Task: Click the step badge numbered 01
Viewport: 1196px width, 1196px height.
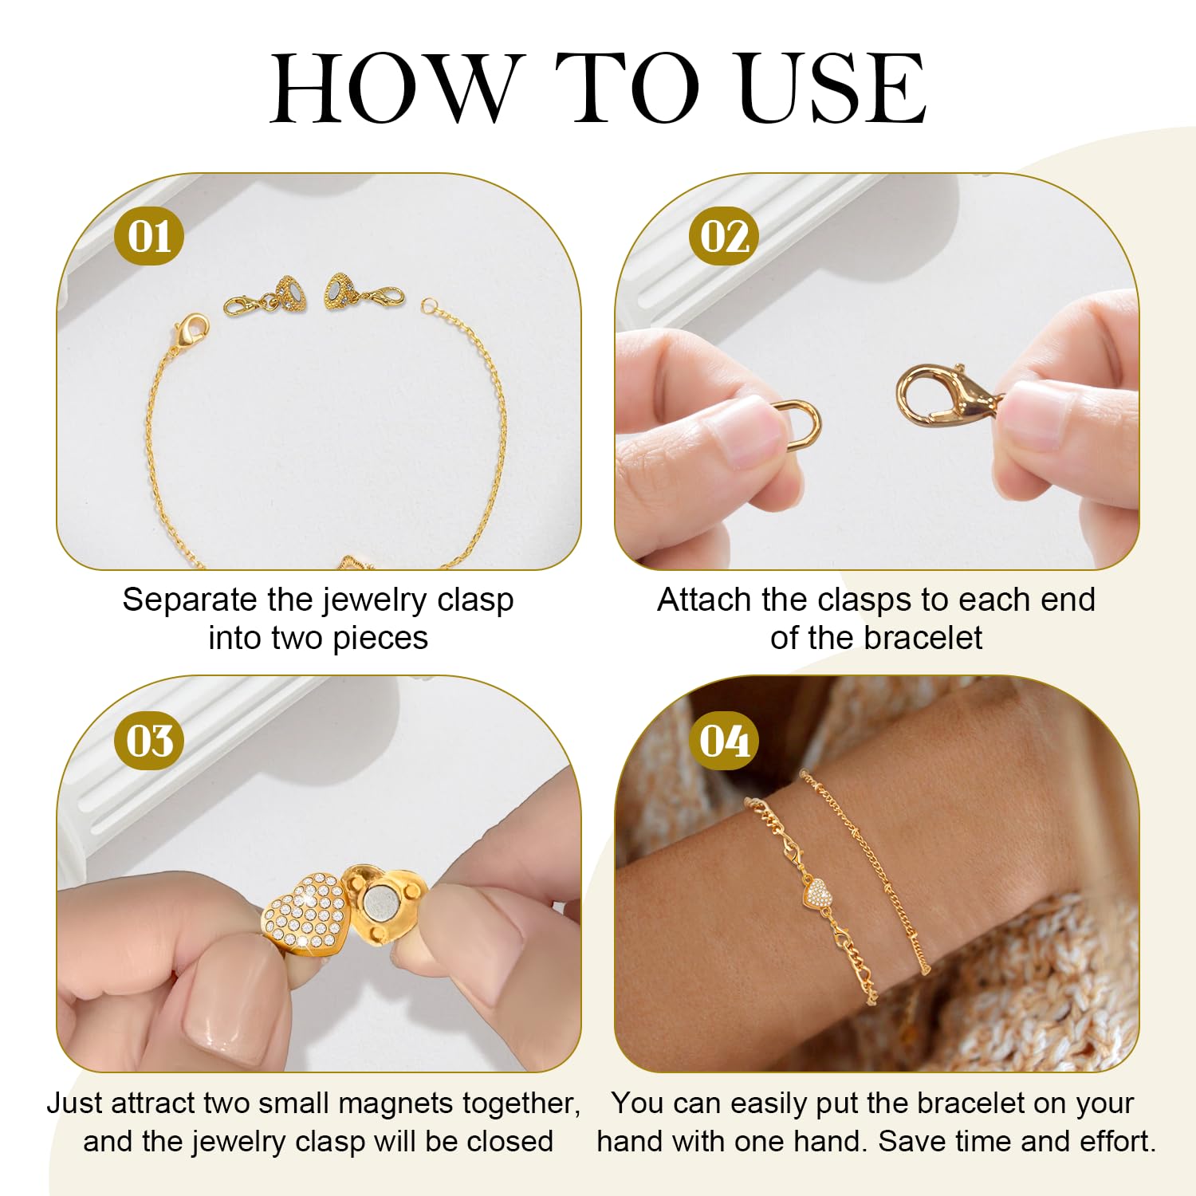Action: [x=149, y=236]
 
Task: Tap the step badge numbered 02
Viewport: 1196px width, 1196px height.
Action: [x=724, y=236]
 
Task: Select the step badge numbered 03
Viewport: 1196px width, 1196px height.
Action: [x=149, y=741]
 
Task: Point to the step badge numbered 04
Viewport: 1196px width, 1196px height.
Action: [x=724, y=741]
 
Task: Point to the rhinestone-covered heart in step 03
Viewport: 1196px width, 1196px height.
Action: [x=305, y=915]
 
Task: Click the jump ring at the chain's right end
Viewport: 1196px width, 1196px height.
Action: [x=431, y=305]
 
